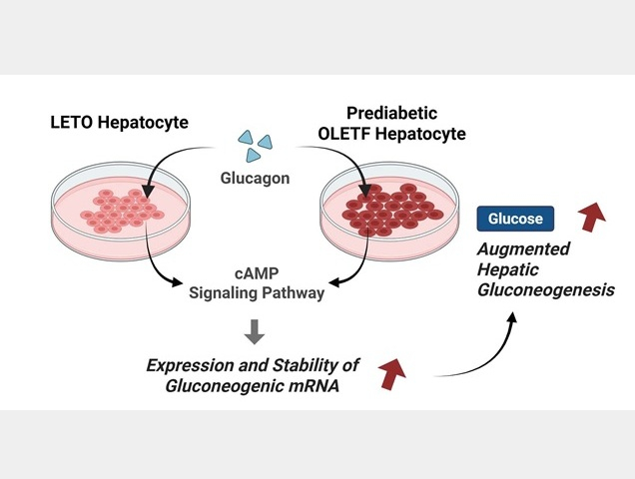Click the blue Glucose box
click(x=515, y=219)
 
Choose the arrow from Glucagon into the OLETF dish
click(x=339, y=160)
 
